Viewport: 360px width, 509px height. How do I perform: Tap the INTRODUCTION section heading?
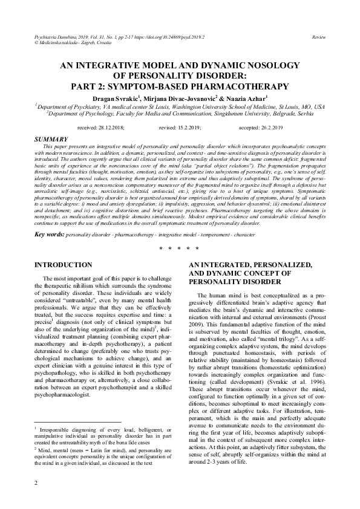coord(62,265)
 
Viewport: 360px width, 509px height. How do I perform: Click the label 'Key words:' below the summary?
coord(49,233)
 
